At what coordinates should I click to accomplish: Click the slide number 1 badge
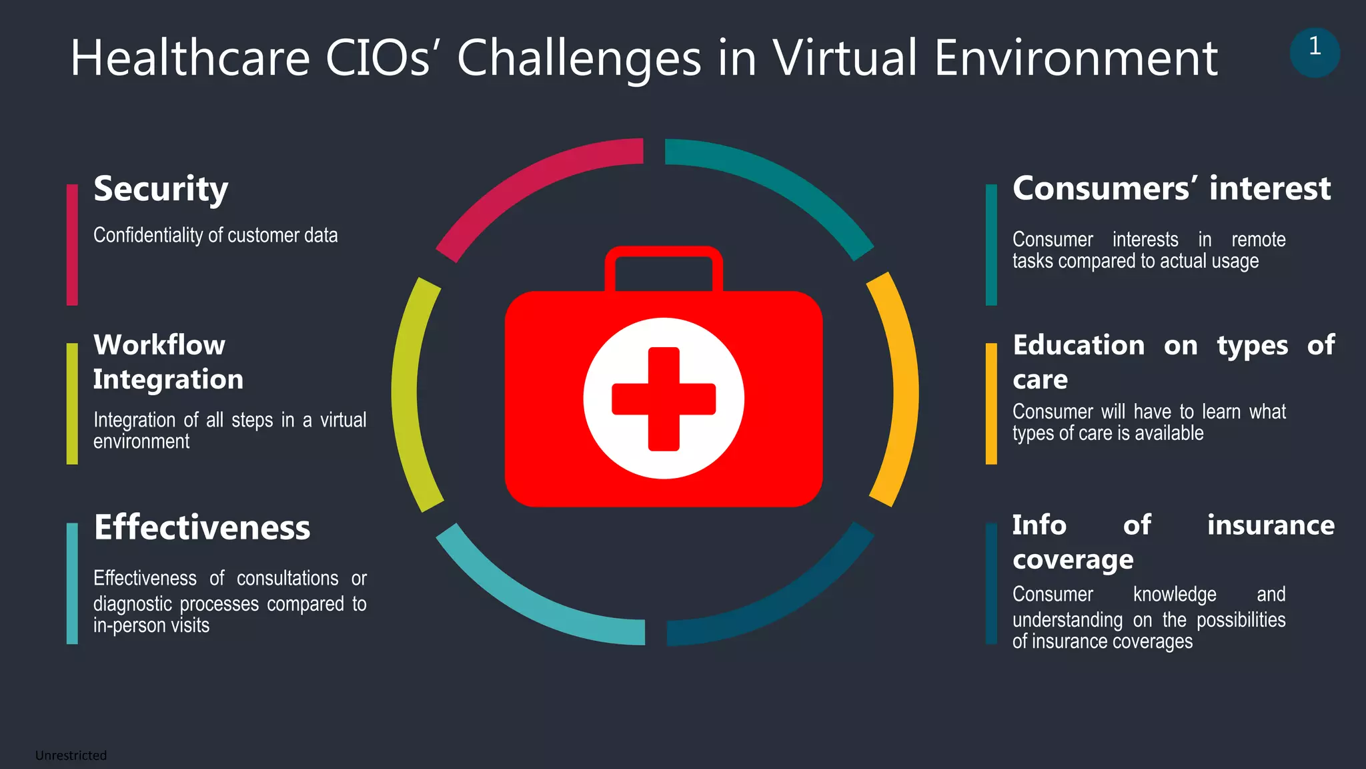point(1314,52)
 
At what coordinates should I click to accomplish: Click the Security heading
point(161,190)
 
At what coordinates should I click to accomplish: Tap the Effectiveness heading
point(202,528)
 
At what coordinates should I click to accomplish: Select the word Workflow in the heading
point(159,345)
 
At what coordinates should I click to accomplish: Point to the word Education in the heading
point(1079,346)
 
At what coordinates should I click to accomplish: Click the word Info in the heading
point(1039,525)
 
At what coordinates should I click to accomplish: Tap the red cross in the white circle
point(664,399)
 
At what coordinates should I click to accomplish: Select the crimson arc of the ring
point(527,187)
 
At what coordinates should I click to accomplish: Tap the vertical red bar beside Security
point(72,245)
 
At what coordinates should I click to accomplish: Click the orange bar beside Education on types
point(991,403)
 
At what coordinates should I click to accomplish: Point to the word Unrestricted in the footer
point(71,756)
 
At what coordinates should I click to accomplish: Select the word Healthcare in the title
point(190,58)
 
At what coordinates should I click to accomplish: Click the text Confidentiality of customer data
point(215,236)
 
